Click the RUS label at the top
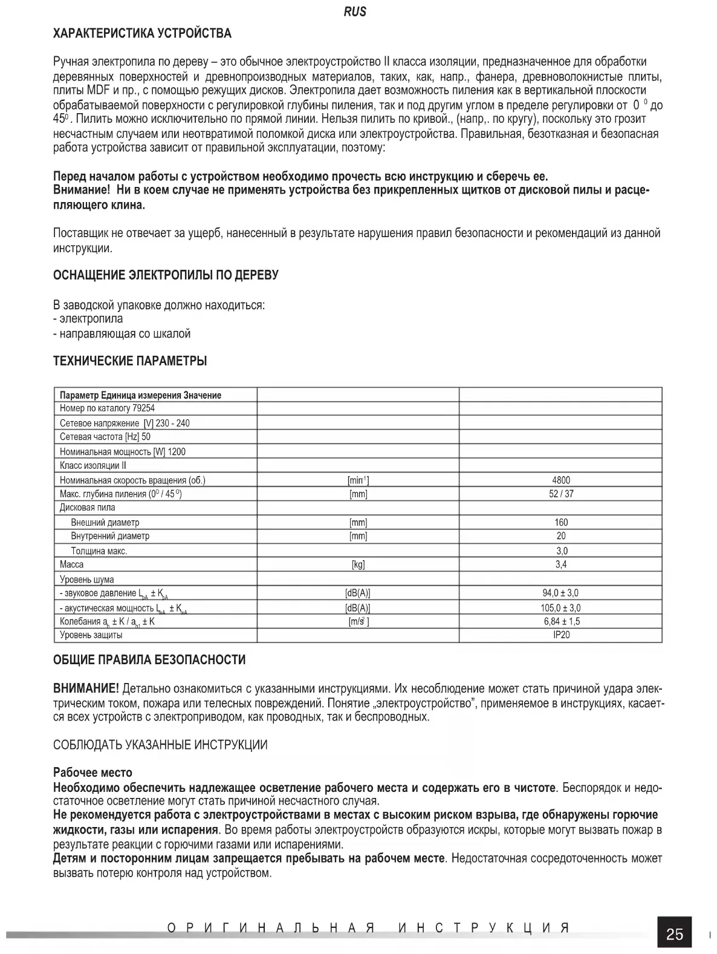tap(355, 11)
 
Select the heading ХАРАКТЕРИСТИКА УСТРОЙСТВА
tap(142, 33)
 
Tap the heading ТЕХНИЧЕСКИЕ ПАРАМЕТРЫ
tap(130, 361)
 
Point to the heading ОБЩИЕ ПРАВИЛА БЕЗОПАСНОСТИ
tap(149, 659)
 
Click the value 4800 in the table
tap(560, 480)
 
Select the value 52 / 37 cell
tap(560, 494)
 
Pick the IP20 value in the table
tap(560, 635)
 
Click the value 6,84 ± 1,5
tap(560, 621)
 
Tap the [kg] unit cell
tap(358, 564)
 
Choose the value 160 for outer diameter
tap(560, 522)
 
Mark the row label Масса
tap(72, 564)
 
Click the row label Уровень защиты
tap(91, 635)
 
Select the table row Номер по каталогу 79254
tap(107, 408)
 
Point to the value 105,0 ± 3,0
tap(560, 608)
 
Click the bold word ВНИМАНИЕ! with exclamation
tap(86, 688)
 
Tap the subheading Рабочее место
tap(92, 773)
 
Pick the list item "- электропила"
tap(88, 319)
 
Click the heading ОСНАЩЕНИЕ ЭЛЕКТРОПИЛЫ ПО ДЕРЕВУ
tap(166, 275)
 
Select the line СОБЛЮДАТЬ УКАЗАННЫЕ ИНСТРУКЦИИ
tap(160, 745)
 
